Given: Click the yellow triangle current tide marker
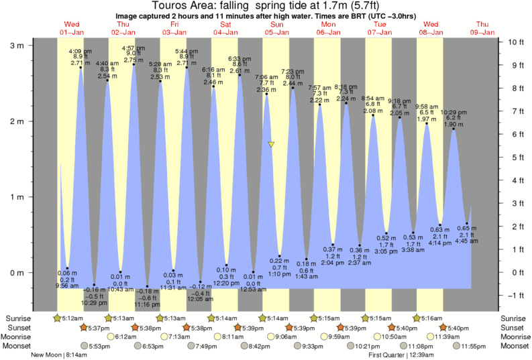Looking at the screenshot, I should [x=271, y=144].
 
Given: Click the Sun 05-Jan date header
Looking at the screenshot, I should [x=276, y=28].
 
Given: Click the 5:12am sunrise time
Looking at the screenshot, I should [x=71, y=318].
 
